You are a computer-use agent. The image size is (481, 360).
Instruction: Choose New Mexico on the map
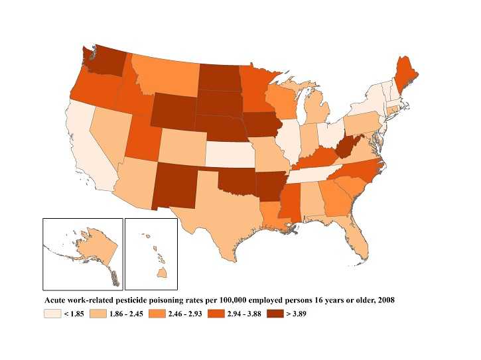point(176,183)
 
